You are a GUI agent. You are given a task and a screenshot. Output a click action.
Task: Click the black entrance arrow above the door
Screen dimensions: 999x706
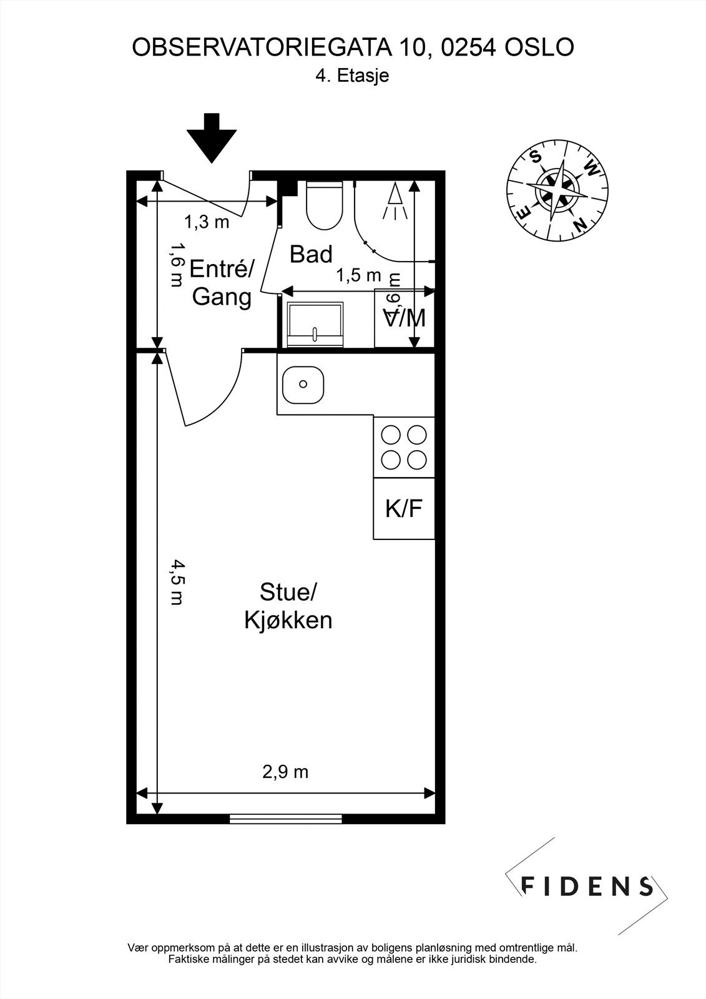tap(212, 139)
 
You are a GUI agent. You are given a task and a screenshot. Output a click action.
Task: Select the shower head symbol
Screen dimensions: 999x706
tap(395, 201)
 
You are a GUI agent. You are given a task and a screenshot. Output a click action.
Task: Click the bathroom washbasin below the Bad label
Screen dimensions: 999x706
tap(315, 324)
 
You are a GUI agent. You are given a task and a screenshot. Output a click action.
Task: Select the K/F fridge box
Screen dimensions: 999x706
tap(404, 509)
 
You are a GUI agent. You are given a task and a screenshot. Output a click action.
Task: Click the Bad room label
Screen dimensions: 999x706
tap(311, 254)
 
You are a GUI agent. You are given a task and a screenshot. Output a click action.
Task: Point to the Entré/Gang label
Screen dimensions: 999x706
tap(222, 283)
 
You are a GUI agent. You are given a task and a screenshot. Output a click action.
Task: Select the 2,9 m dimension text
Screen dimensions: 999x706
tap(285, 772)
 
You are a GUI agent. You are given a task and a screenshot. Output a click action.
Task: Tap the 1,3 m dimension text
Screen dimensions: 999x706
tap(207, 222)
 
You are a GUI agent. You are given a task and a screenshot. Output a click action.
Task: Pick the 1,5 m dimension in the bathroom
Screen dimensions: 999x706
tap(358, 275)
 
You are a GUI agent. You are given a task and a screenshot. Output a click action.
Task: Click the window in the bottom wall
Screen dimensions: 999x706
tap(285, 819)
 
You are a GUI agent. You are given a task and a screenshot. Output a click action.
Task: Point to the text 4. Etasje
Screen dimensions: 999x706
tap(353, 76)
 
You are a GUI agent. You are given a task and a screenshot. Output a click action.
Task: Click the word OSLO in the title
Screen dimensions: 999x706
tap(539, 47)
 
